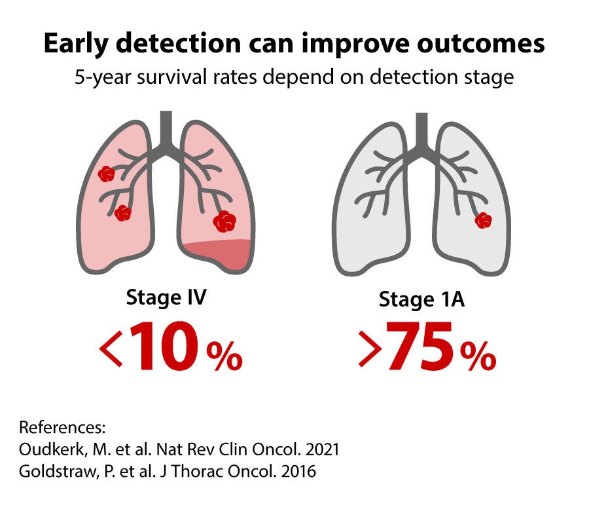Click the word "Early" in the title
[76, 45]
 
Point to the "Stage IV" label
[166, 298]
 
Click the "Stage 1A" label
[421, 299]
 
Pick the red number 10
[164, 346]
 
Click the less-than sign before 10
[111, 348]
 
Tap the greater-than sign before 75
[370, 348]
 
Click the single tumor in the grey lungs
[483, 220]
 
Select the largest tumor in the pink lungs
[224, 221]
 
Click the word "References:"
[62, 428]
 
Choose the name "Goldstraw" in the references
[58, 472]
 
